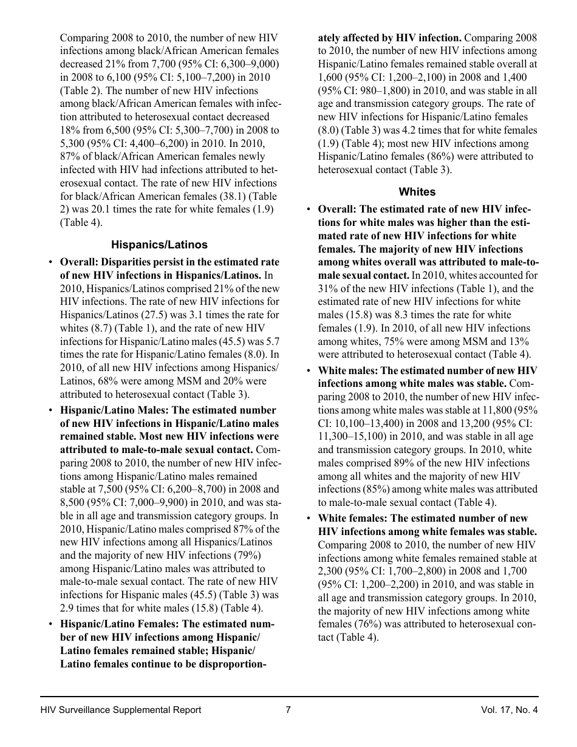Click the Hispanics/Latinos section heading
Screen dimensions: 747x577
click(x=159, y=245)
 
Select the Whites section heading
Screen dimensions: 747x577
click(x=417, y=192)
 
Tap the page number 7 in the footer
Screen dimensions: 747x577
click(x=288, y=710)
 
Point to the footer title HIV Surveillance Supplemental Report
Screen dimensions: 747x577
click(x=121, y=710)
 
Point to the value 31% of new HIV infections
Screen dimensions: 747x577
click(x=328, y=289)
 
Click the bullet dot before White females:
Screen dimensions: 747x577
click(x=310, y=519)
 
